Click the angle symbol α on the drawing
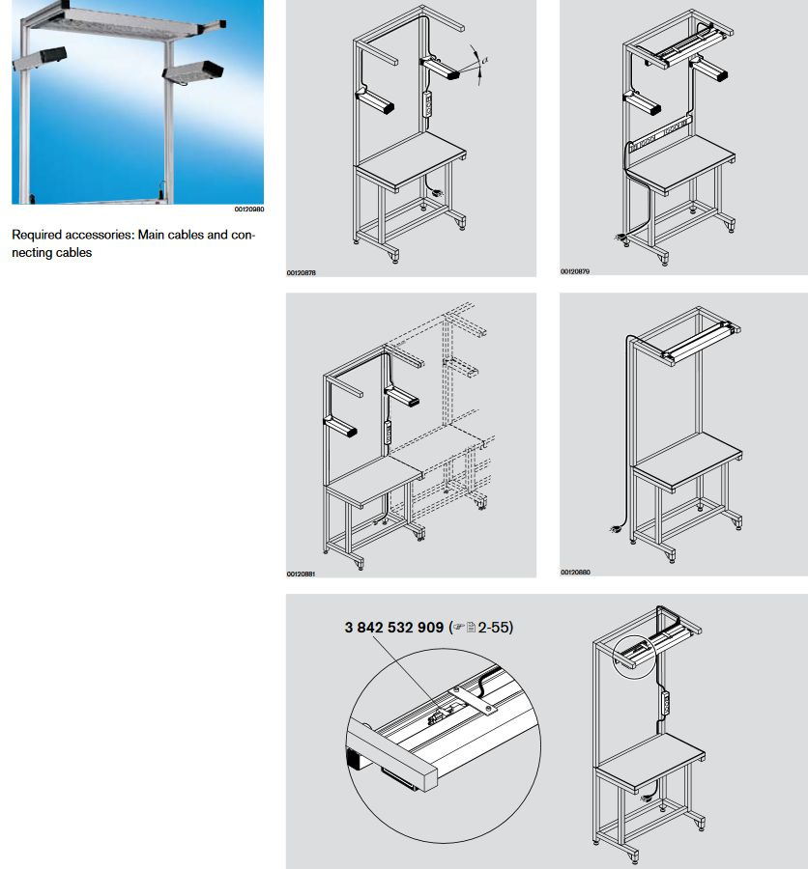[x=485, y=59]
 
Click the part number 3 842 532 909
[x=393, y=627]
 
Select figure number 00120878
[x=301, y=272]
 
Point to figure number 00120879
[x=574, y=271]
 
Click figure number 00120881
[x=301, y=574]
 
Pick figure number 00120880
[x=574, y=573]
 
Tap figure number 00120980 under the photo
[x=248, y=209]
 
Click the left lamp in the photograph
[x=41, y=57]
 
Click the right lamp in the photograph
[x=193, y=70]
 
